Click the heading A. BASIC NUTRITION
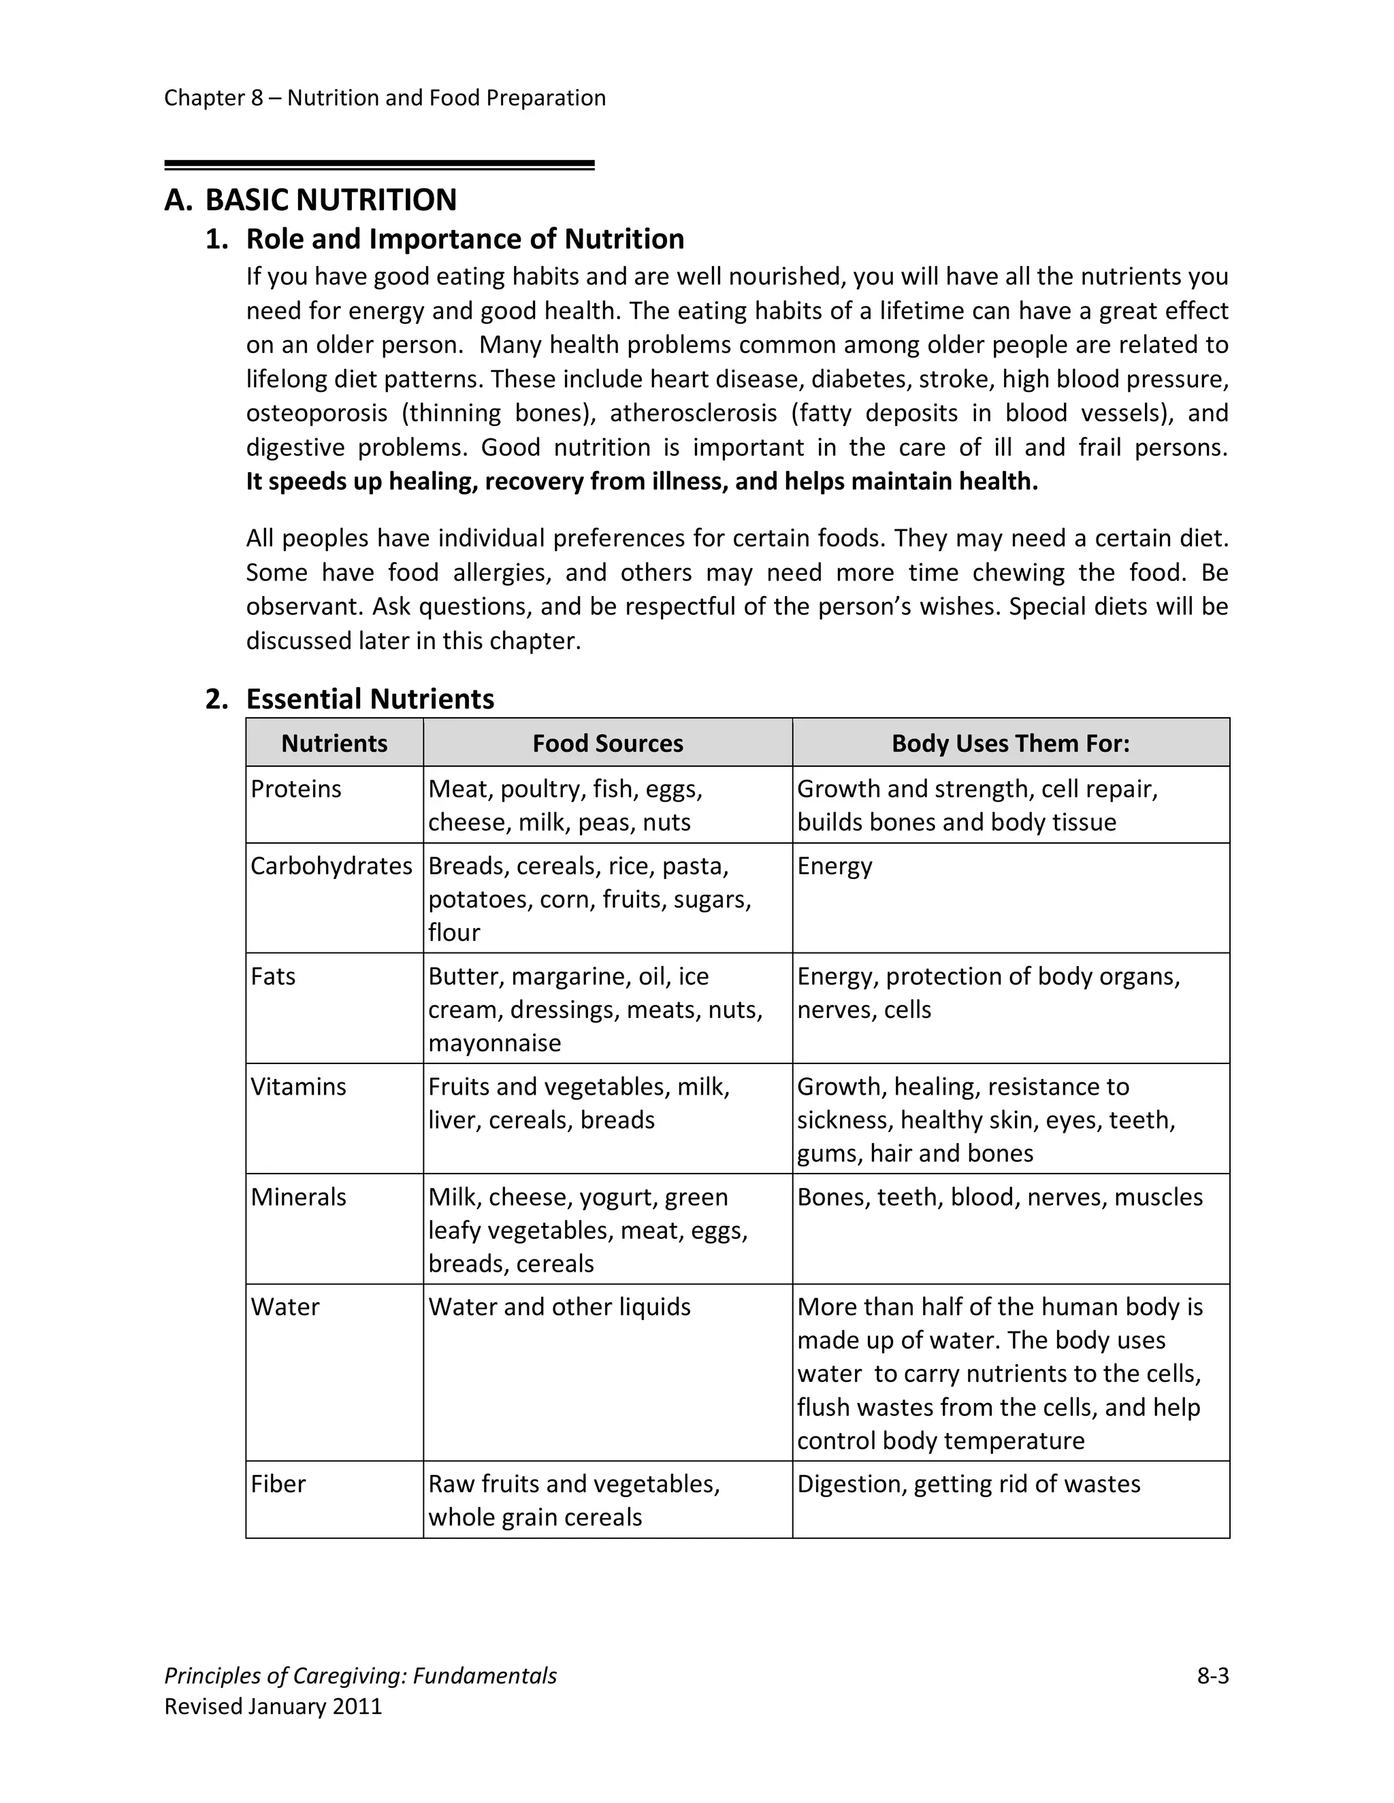310,200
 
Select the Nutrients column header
334,743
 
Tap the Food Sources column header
607,743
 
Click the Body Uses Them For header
1010,743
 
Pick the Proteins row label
295,789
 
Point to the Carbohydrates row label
331,865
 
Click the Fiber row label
278,1483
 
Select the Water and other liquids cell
559,1307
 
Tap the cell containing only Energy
834,865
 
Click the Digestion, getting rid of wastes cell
968,1483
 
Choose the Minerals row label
298,1196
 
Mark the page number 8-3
1212,1676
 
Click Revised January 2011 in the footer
274,1706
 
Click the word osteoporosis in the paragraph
317,413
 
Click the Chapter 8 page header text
385,97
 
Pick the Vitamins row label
298,1087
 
